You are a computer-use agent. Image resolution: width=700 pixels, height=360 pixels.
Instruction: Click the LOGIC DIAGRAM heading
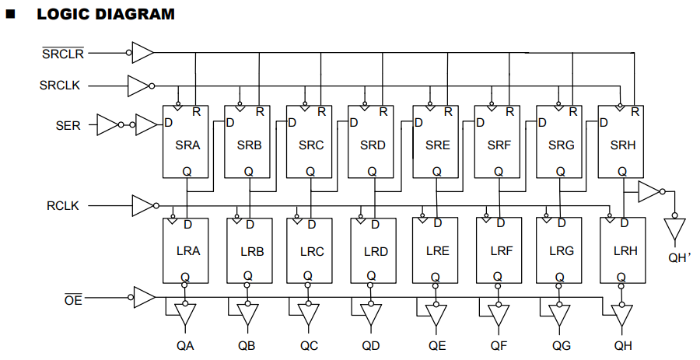(106, 15)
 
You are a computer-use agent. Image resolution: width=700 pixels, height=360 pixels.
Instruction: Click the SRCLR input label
(63, 54)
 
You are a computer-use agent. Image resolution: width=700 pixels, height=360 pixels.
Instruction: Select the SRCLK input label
(60, 85)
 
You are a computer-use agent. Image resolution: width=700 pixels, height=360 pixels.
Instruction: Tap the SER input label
(68, 124)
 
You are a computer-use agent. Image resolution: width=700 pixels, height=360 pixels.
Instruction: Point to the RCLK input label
(63, 206)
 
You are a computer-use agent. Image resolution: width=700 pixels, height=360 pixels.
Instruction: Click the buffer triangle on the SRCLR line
(143, 53)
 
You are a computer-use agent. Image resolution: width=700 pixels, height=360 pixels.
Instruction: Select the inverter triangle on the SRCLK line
(138, 85)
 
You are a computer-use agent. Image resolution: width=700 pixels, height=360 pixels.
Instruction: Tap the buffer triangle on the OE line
(144, 297)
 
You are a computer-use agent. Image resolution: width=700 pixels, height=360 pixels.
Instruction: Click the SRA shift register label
(187, 145)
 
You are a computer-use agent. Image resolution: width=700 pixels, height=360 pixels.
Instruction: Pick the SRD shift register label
(373, 145)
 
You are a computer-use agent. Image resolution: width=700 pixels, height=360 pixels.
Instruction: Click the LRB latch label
(252, 252)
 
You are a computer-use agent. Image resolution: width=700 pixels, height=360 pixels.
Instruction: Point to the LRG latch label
(561, 251)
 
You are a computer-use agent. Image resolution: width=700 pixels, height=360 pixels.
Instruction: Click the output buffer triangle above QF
(496, 315)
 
